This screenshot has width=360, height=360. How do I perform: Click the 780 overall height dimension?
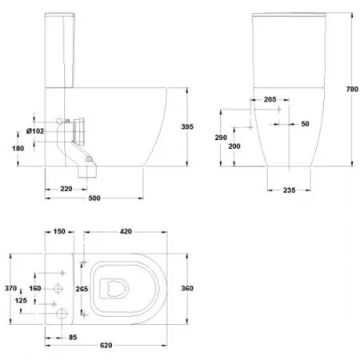(352, 89)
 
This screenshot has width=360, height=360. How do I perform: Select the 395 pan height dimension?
(187, 126)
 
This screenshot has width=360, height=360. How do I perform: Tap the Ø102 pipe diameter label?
(35, 131)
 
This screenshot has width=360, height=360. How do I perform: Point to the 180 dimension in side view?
(18, 148)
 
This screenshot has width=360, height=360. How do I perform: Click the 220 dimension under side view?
(66, 189)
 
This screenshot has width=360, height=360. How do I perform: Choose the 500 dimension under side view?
(94, 198)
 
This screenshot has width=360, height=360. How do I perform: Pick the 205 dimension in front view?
(270, 99)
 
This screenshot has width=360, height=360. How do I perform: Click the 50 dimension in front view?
(305, 124)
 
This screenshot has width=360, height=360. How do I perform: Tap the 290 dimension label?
(221, 138)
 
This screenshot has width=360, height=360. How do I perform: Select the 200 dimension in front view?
(234, 146)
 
